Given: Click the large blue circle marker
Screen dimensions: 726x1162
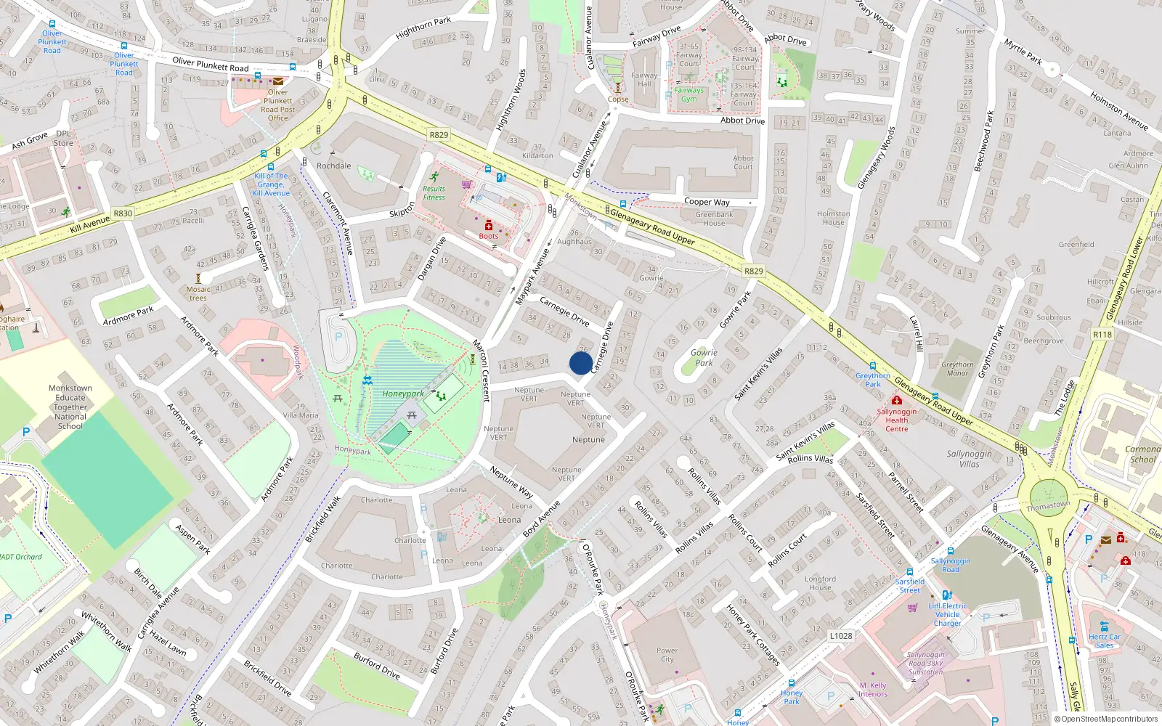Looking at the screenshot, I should click(580, 363).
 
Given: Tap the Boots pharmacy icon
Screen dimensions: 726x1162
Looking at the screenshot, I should click(489, 226).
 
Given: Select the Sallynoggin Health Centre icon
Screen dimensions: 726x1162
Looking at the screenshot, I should click(896, 400).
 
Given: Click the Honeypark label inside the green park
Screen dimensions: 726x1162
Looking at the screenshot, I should click(403, 394).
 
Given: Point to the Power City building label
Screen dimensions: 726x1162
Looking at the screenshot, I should click(667, 655).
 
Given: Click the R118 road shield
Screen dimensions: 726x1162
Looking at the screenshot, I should click(1102, 335).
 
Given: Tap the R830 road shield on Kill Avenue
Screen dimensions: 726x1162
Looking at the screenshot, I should click(123, 213).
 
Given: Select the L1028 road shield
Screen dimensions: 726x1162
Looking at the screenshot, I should click(840, 636).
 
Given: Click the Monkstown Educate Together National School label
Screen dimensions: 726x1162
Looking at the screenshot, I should click(70, 407).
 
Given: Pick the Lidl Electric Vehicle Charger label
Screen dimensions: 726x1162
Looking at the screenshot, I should click(948, 614).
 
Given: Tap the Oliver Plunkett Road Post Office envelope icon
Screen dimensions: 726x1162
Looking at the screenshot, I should click(277, 81).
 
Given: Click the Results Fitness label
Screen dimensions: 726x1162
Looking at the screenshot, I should click(434, 193).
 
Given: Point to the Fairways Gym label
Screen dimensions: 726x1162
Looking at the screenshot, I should click(688, 94).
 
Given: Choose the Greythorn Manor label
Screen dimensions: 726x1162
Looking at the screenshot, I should click(957, 369).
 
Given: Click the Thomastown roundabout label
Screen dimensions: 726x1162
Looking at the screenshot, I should click(1047, 506).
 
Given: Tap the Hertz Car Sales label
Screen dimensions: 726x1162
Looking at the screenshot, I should click(1104, 641).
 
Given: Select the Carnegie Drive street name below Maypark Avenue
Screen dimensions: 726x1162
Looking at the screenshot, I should click(564, 310).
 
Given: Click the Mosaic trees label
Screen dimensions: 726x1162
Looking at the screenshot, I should click(198, 293).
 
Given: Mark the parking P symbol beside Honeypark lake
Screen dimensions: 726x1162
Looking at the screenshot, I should click(338, 338).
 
